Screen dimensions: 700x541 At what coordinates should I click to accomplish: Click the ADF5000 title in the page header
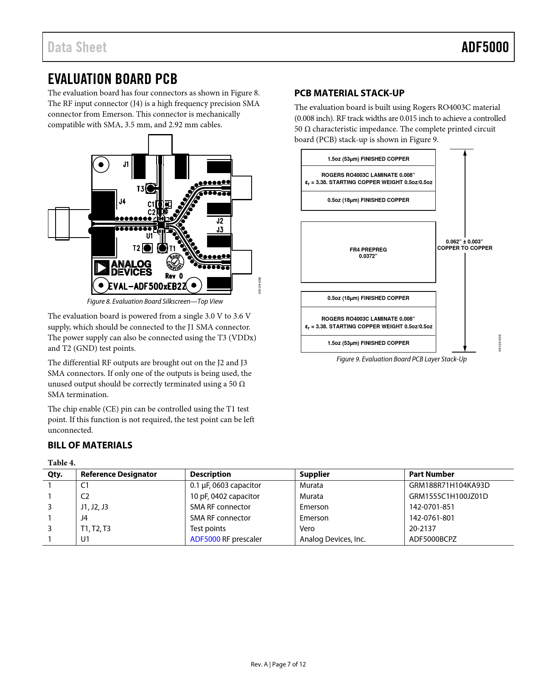point(485,47)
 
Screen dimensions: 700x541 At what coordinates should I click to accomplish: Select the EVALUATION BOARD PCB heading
point(112,79)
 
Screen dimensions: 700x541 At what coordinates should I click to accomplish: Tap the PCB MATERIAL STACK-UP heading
point(349,93)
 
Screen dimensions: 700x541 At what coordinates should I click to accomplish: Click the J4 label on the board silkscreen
point(122,202)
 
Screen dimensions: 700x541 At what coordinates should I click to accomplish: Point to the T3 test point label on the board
point(140,189)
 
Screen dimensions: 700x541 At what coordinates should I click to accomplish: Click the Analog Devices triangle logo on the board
point(101,268)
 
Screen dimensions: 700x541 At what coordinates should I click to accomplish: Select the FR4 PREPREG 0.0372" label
point(368,252)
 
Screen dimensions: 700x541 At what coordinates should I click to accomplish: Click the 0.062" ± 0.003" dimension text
point(464,242)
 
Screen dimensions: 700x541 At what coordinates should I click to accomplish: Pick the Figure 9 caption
point(401,359)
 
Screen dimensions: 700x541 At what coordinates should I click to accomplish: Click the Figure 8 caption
point(155,302)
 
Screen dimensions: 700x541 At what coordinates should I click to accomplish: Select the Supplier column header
point(314,474)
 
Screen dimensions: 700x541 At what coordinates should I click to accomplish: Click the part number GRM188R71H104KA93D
point(449,485)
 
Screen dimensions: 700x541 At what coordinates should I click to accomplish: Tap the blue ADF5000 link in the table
point(205,539)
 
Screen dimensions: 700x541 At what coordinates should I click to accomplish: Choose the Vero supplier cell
point(307,529)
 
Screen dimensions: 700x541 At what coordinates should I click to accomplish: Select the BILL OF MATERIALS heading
point(90,445)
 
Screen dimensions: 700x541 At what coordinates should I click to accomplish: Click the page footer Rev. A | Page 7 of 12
point(278,664)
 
